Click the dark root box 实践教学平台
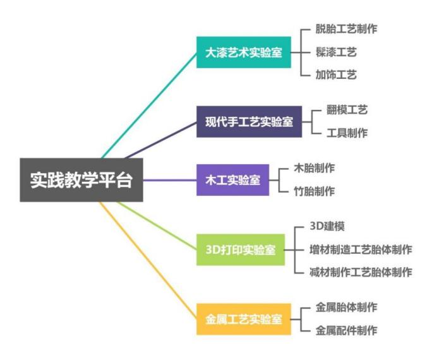[81, 179]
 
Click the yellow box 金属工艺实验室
[243, 319]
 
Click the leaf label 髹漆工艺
[337, 52]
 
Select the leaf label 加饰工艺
[337, 75]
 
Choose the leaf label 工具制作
[347, 133]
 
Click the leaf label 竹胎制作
[315, 191]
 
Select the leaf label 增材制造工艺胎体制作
[360, 249]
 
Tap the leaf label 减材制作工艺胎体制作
[360, 273]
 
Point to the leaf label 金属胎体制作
[347, 308]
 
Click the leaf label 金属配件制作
[347, 330]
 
